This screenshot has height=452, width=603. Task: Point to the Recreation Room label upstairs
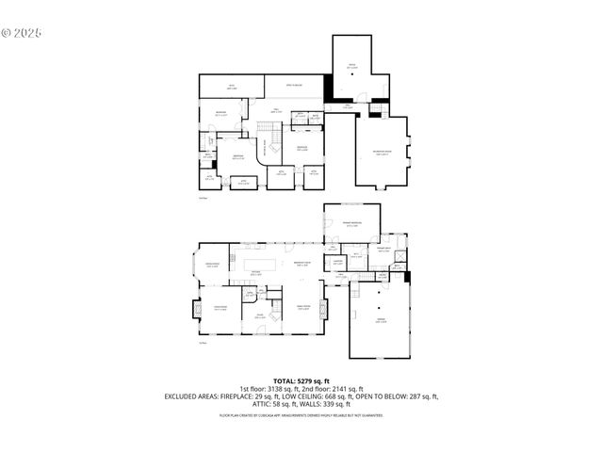[x=383, y=154]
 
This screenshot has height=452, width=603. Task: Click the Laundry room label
[x=336, y=262]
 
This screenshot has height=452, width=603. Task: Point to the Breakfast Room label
[x=302, y=264]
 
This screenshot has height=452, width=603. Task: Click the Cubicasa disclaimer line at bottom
[x=301, y=414]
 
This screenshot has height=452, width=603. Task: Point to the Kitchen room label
[x=255, y=274]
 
